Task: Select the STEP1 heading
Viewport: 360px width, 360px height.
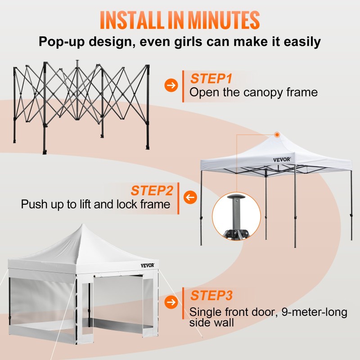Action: [211, 79]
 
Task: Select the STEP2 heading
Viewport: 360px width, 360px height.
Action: [152, 190]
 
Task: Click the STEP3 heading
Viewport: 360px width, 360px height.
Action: [211, 296]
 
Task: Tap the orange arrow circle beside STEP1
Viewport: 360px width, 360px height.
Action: [171, 85]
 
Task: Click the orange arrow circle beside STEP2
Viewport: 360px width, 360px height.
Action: [191, 197]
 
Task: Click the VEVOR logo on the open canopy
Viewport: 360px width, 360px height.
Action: [282, 159]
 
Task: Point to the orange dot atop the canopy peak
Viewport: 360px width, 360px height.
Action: [277, 134]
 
